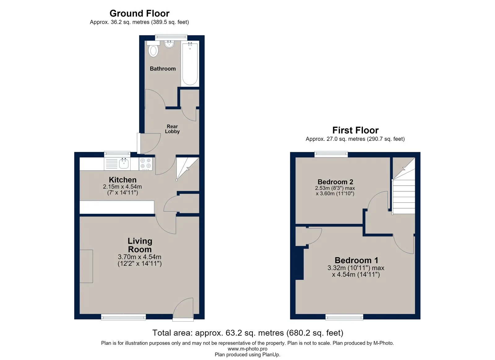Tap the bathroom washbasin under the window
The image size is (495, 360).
(x=169, y=44)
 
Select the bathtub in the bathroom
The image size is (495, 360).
(x=190, y=64)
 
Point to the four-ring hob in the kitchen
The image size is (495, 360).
(x=146, y=164)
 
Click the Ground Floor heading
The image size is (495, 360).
(x=140, y=14)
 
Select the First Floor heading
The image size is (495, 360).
(x=355, y=130)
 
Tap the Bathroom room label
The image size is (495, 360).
(x=163, y=69)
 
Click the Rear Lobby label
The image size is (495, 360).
(x=172, y=129)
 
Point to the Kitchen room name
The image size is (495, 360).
(x=123, y=180)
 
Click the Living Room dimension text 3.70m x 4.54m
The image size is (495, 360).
(x=140, y=257)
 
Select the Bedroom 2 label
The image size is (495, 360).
(x=335, y=182)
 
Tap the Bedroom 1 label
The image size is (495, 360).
(x=356, y=260)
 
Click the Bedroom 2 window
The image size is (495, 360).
(x=331, y=154)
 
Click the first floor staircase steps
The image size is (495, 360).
(x=404, y=197)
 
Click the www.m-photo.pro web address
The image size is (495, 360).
(x=247, y=349)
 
